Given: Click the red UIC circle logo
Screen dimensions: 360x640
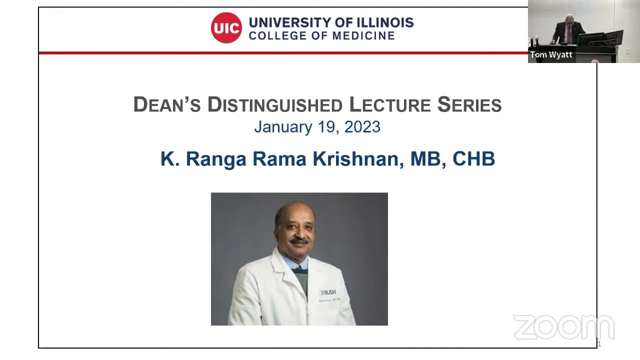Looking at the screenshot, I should [x=226, y=27].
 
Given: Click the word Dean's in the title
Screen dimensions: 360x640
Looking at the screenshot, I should [x=166, y=105].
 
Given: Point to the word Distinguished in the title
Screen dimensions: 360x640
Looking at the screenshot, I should [x=274, y=105].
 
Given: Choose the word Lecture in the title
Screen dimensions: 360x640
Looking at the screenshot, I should [x=389, y=105].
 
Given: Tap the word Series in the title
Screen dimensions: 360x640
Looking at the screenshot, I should [x=469, y=105].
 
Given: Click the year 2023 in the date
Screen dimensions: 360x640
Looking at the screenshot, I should [x=362, y=127].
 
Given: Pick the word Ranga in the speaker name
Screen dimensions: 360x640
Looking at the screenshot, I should [x=216, y=159].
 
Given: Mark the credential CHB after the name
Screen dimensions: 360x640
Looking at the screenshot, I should [x=473, y=159].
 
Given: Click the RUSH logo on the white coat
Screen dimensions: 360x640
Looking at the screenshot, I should [x=328, y=292].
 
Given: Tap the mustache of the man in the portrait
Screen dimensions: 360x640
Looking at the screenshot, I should [x=299, y=240].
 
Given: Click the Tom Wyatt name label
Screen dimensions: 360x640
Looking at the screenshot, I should [x=551, y=55].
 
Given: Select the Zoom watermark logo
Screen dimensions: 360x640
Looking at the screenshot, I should [x=563, y=327].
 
